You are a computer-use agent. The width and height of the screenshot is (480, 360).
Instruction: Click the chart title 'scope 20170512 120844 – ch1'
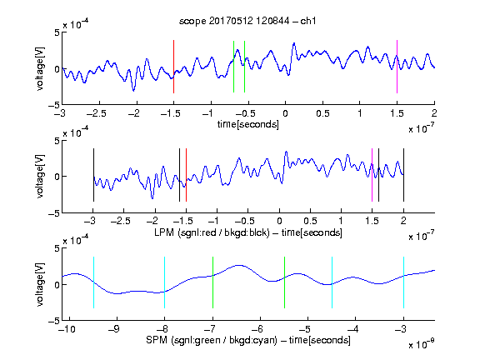click(247, 21)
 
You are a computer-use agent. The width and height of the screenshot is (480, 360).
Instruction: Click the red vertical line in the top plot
click(173, 67)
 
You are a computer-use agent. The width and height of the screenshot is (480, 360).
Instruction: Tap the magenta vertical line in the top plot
click(397, 67)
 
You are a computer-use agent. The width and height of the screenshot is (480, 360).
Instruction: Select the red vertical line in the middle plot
click(186, 175)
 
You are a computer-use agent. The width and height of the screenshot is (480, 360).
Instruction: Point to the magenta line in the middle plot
click(372, 175)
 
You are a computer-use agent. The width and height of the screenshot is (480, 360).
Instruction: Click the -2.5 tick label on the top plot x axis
click(97, 113)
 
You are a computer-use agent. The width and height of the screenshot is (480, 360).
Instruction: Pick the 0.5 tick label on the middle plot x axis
click(310, 221)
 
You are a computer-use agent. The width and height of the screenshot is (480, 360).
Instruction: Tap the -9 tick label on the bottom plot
click(114, 329)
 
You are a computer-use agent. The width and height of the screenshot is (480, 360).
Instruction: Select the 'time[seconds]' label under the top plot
click(248, 124)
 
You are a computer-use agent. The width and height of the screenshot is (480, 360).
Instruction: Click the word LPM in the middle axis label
click(164, 232)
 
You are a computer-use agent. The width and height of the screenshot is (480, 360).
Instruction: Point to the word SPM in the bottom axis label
click(157, 340)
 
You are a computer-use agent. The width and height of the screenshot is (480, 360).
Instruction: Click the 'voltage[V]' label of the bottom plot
click(40, 284)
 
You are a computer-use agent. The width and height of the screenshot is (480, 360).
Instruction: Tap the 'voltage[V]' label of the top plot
click(40, 68)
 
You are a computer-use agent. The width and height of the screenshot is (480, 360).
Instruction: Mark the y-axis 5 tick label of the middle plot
click(57, 141)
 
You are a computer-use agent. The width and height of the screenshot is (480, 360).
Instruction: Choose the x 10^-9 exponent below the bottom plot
click(422, 343)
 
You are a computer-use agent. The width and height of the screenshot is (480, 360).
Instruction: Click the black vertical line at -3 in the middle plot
click(93, 175)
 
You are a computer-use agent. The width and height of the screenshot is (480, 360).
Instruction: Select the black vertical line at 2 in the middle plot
click(403, 175)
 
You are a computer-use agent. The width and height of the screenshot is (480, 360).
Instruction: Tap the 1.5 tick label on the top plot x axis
click(397, 113)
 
